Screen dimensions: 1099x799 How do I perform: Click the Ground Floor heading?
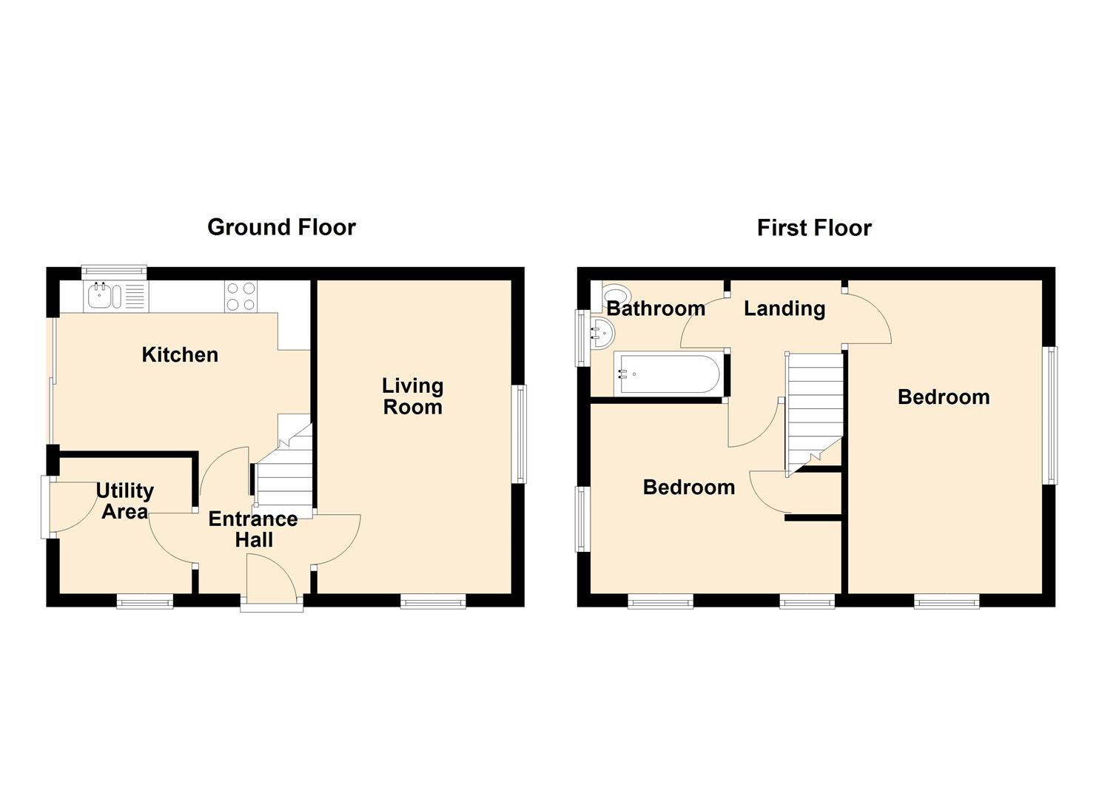click(281, 228)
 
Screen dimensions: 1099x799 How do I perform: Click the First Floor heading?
click(814, 228)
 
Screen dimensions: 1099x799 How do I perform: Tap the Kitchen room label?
click(180, 354)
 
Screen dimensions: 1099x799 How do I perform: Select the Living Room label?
click(413, 397)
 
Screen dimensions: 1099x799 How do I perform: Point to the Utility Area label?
click(124, 501)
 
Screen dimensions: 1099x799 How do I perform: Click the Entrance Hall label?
click(253, 529)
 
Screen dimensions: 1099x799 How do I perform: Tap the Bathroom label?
click(656, 309)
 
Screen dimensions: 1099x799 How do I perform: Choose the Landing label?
click(784, 309)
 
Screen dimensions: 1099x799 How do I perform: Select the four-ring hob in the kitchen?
click(241, 296)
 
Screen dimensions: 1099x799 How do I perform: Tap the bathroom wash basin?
click(602, 333)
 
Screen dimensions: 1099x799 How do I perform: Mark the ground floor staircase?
click(286, 466)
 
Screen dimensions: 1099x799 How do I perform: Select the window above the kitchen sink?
click(114, 272)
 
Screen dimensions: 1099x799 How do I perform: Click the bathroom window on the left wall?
click(582, 338)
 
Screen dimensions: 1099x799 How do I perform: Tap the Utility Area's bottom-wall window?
click(145, 601)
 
